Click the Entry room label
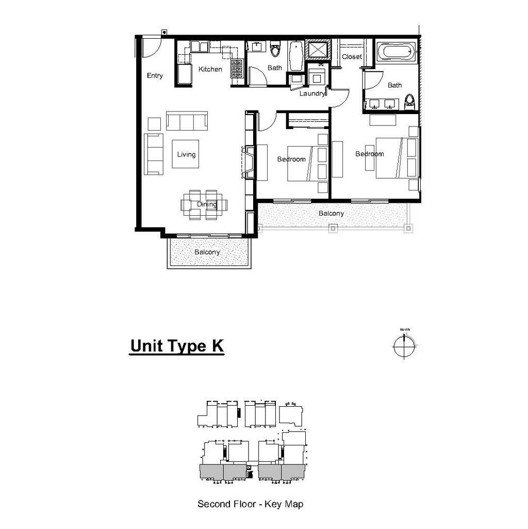click(155, 75)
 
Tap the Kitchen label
click(210, 69)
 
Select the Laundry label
click(312, 93)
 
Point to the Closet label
click(352, 57)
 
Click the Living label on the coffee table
click(186, 154)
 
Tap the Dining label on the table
click(207, 204)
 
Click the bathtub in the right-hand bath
click(396, 52)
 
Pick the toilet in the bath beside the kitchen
click(275, 49)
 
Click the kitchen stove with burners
click(237, 69)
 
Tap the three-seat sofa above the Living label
click(187, 121)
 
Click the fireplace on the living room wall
click(248, 162)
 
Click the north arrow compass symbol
click(404, 346)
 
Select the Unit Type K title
click(177, 346)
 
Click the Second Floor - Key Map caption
click(250, 504)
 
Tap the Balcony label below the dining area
click(207, 252)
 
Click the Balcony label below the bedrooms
click(331, 213)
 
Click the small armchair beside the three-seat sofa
click(154, 124)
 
